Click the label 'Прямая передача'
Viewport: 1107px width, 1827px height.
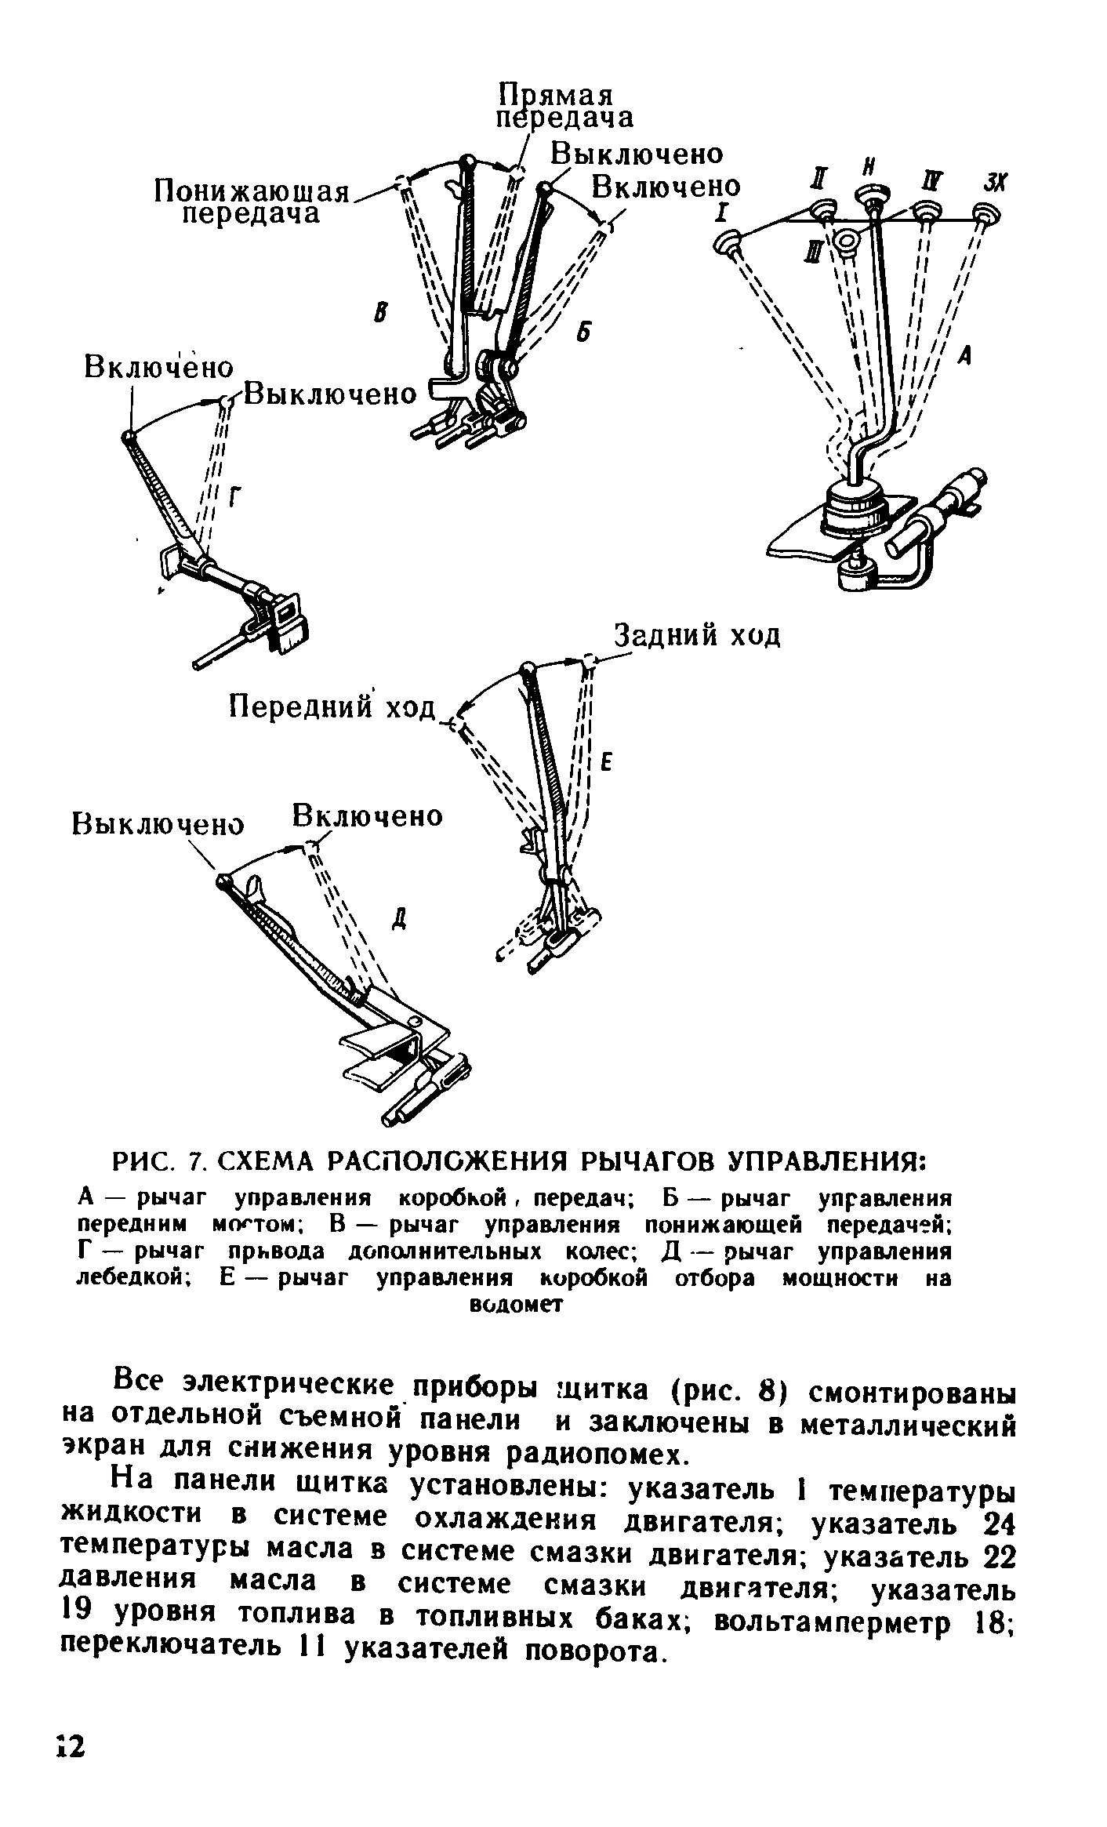[564, 106]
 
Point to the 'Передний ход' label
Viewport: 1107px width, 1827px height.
[331, 708]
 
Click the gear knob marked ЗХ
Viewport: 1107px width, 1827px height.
[982, 213]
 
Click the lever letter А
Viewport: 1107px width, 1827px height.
[965, 358]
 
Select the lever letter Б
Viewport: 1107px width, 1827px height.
[581, 332]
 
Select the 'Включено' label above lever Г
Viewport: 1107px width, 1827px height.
[158, 368]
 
